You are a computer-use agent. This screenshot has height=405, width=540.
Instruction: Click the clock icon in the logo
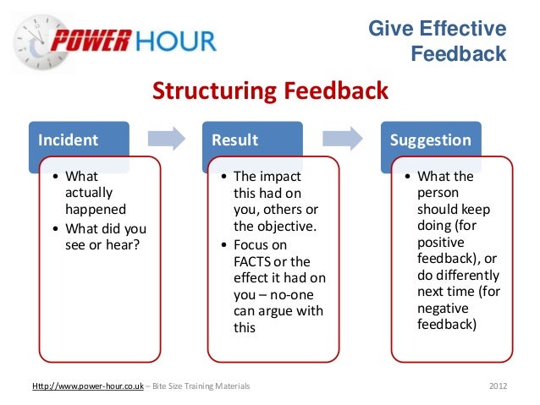(32, 40)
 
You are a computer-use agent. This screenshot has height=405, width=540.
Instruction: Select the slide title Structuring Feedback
(270, 90)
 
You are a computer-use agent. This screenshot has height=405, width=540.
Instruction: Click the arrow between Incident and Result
(166, 139)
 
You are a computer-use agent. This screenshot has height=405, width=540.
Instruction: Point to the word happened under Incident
(96, 211)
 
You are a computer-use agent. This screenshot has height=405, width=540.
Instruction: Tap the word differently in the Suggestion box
(466, 276)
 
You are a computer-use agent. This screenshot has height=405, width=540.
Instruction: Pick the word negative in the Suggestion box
(444, 309)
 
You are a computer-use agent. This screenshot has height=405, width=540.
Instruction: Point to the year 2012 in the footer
(499, 387)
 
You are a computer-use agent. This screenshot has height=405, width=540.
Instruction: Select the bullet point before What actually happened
(55, 178)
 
